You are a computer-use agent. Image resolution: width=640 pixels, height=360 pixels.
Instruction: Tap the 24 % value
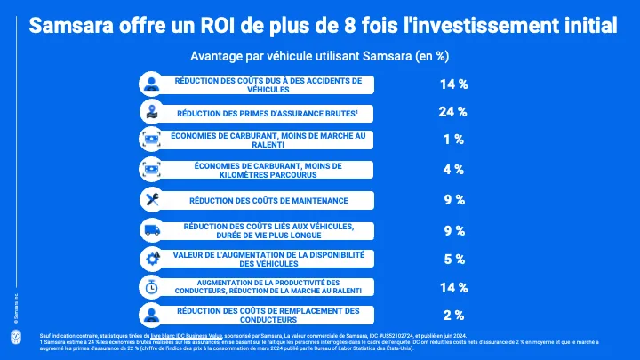click(x=454, y=112)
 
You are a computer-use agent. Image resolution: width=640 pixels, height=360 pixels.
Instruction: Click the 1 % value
click(x=454, y=139)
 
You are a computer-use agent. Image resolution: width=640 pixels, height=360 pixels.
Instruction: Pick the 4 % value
click(x=454, y=169)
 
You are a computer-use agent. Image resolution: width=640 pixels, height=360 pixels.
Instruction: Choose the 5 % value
click(x=454, y=260)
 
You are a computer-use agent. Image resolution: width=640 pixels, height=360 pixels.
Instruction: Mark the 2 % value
click(x=454, y=315)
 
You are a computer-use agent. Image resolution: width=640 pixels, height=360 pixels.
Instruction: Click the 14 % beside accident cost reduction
click(x=454, y=85)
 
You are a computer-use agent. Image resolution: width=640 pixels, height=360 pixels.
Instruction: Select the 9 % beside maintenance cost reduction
click(x=454, y=200)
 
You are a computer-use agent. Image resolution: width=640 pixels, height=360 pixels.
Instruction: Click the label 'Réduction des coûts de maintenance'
click(x=268, y=200)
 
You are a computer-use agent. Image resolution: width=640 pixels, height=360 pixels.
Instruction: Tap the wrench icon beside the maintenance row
click(x=151, y=200)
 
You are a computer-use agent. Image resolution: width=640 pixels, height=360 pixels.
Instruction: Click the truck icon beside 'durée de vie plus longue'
click(x=151, y=230)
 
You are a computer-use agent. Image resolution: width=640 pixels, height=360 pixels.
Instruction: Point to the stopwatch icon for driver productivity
click(x=151, y=286)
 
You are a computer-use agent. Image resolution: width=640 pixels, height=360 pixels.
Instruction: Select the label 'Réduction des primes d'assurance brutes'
click(x=268, y=113)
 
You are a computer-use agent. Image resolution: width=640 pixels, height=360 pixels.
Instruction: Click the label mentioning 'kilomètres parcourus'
click(x=268, y=169)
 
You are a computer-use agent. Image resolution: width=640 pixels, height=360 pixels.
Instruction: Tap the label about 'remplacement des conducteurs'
click(x=268, y=315)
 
